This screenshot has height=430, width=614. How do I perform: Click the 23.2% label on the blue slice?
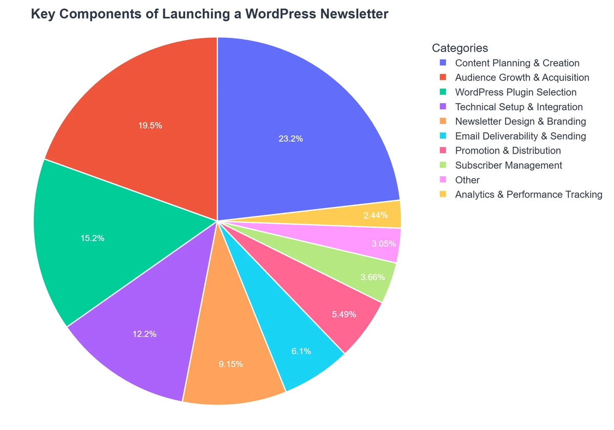[291, 138]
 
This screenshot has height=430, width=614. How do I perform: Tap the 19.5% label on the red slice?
[150, 125]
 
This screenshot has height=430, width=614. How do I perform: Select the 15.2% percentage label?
[93, 238]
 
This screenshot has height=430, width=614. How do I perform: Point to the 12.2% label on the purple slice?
[144, 334]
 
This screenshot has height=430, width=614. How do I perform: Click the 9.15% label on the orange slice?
[231, 364]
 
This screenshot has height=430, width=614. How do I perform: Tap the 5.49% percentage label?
[344, 314]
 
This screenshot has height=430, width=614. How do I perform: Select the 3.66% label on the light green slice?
[372, 277]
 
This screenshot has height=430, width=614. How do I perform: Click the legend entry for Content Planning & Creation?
[517, 63]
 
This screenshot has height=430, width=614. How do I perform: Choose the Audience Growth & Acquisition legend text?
[522, 78]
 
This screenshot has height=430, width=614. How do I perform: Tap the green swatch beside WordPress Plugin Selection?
[443, 92]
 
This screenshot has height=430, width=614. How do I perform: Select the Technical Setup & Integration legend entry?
[518, 107]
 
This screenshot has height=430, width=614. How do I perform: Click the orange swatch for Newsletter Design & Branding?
[443, 121]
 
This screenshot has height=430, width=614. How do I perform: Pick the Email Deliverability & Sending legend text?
[520, 136]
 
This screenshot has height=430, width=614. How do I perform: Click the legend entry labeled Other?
[467, 180]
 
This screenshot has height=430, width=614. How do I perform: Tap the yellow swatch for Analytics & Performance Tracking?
[443, 195]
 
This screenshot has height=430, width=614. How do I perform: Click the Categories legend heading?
[459, 48]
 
